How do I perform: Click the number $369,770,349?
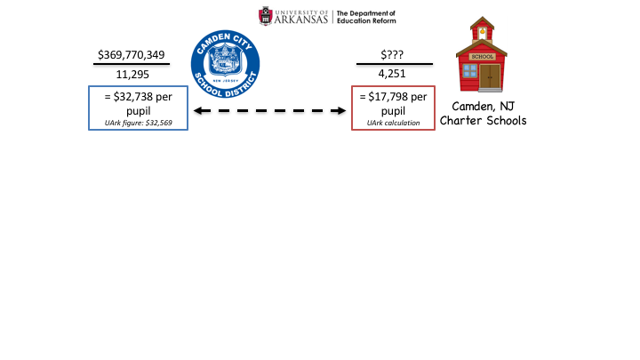tap(132, 55)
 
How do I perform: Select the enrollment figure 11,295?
tap(132, 75)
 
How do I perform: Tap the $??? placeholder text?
tap(394, 55)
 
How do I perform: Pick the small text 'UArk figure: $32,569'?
tap(138, 122)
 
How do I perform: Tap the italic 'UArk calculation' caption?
tap(393, 122)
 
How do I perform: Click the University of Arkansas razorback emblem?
tap(266, 16)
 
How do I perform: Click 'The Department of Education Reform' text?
tap(365, 16)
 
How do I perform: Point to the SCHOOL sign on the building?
tap(481, 56)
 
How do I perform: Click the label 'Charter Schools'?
tap(484, 120)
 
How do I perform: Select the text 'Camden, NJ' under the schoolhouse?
tap(484, 105)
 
